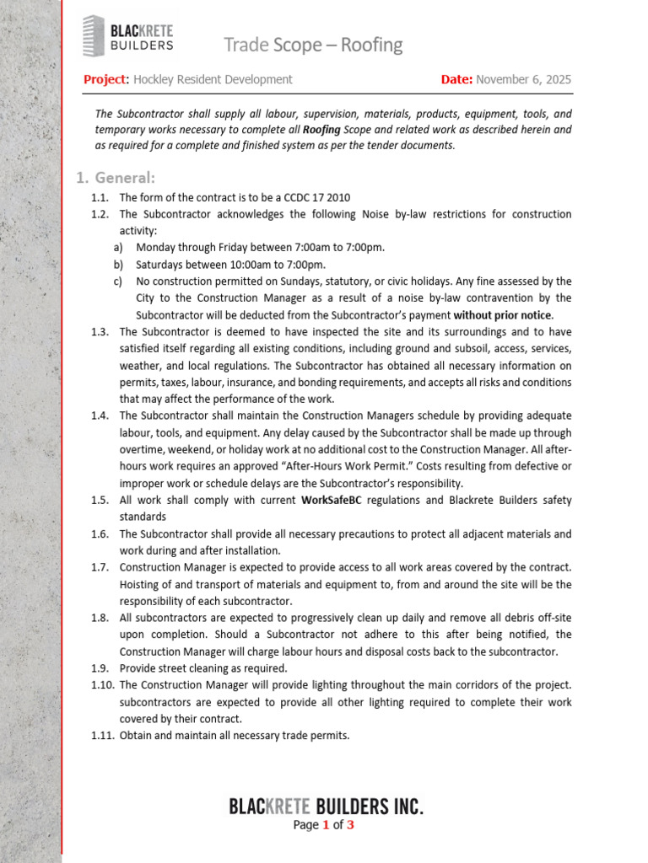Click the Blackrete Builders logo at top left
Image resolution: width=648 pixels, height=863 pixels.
(128, 37)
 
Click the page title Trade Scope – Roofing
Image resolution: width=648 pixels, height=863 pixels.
(312, 45)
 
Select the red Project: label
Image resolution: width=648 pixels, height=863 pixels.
(105, 79)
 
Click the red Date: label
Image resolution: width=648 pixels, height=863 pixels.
(456, 79)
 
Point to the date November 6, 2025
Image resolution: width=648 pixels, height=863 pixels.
(523, 79)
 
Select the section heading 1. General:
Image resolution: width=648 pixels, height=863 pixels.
(116, 178)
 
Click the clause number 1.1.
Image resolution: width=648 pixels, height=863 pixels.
(100, 197)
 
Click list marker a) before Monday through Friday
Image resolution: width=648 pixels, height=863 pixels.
(117, 247)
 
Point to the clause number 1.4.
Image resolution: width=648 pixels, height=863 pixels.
(100, 415)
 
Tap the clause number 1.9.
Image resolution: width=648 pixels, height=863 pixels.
(100, 668)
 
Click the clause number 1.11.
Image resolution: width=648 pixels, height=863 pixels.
(102, 736)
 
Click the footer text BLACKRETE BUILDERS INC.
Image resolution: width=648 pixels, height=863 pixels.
(326, 807)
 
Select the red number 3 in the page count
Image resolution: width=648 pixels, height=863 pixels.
(350, 825)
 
